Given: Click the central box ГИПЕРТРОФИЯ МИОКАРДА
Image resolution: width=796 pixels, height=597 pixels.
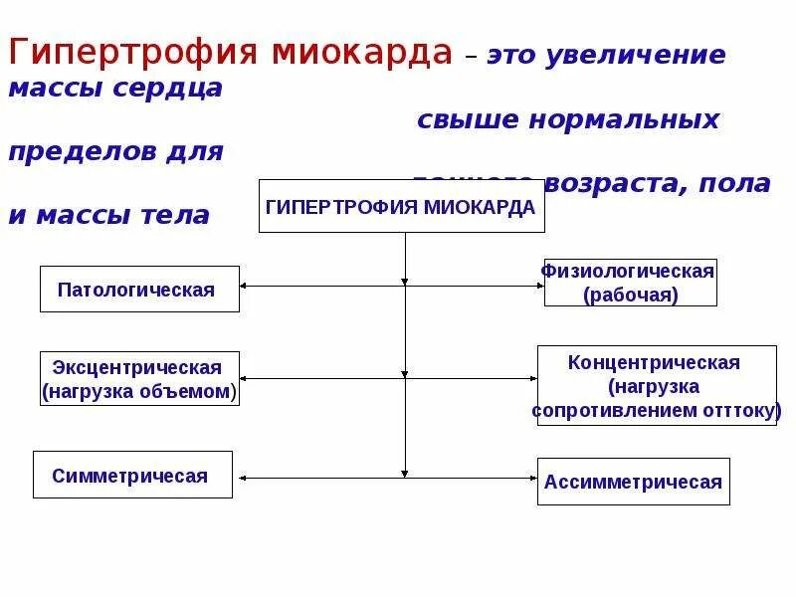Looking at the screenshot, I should pyautogui.click(x=401, y=206).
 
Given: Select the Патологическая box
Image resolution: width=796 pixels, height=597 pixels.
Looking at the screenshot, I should pyautogui.click(x=139, y=290).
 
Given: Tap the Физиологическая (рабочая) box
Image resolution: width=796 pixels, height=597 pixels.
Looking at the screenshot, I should pyautogui.click(x=630, y=283).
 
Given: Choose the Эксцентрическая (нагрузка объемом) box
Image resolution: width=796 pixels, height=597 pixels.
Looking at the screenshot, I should pyautogui.click(x=139, y=379).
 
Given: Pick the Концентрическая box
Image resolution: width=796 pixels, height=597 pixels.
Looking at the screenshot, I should pyautogui.click(x=656, y=386).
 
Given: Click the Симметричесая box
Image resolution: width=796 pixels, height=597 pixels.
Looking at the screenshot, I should pyautogui.click(x=132, y=475).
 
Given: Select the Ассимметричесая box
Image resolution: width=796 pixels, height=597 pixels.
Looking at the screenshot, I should pyautogui.click(x=634, y=482).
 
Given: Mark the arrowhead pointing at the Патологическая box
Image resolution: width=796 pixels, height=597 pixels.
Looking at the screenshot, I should pyautogui.click(x=245, y=287).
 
